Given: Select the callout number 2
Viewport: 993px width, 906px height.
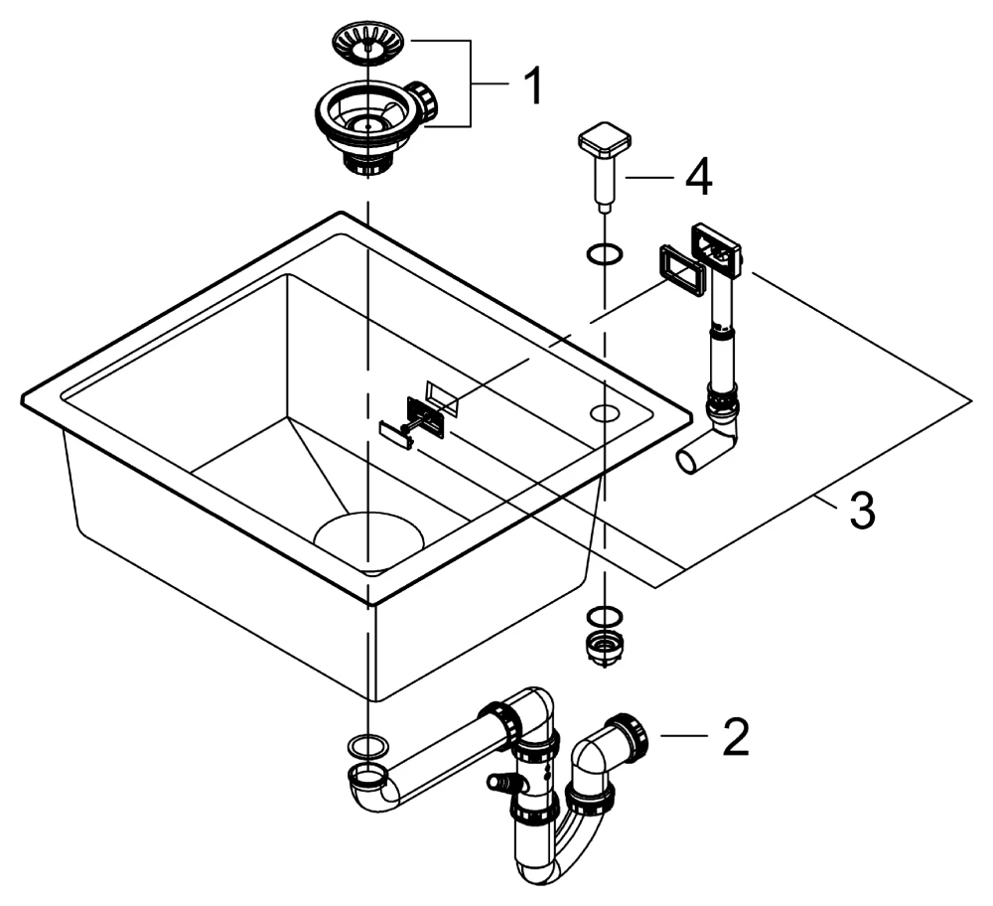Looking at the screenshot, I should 735,737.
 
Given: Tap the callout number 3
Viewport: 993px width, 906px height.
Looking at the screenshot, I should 860,511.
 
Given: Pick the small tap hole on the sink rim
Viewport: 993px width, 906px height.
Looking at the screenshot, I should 604,412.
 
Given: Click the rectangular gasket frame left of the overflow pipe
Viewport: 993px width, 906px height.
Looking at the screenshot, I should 679,268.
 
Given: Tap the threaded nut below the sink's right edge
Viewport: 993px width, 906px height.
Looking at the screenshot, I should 603,647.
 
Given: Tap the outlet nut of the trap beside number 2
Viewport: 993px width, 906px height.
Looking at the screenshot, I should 632,735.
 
